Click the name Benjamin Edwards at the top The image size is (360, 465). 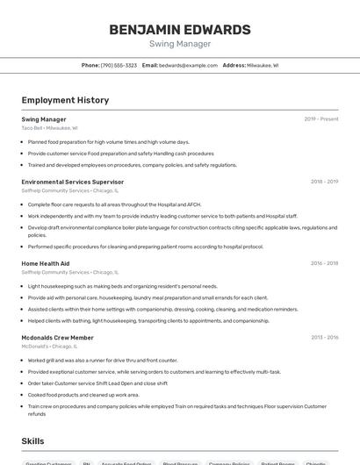(x=179, y=30)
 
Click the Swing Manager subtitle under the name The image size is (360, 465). (x=179, y=44)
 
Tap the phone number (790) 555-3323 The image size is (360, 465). (x=119, y=65)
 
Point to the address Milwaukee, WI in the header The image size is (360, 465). (x=263, y=65)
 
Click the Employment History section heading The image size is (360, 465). (x=65, y=100)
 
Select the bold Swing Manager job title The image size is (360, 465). (x=44, y=119)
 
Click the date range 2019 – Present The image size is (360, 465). (x=320, y=119)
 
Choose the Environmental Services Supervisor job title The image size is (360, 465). (x=73, y=182)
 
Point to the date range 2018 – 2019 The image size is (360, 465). (x=324, y=182)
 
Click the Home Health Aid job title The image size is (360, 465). (x=46, y=263)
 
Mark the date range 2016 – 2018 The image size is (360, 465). (x=324, y=263)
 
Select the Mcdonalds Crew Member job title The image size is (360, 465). (x=58, y=338)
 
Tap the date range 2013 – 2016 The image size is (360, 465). (x=324, y=338)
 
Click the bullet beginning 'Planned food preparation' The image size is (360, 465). (x=109, y=142)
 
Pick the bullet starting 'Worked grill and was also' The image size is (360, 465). (x=103, y=361)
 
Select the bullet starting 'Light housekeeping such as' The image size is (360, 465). (x=122, y=286)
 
